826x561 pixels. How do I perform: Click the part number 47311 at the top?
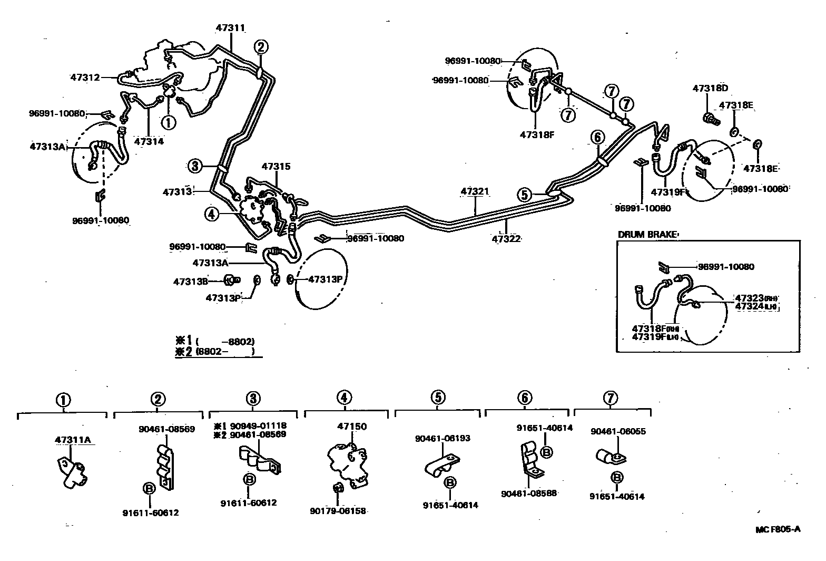[x=231, y=27]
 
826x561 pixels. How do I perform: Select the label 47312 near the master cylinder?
[x=85, y=77]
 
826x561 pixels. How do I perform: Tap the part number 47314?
[x=149, y=141]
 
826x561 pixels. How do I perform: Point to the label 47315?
[x=276, y=166]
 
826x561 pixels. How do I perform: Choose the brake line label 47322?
[x=506, y=239]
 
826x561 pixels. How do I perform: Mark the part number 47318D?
[x=710, y=89]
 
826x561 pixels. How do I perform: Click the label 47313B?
[x=190, y=282]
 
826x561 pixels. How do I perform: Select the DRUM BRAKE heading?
[x=647, y=235]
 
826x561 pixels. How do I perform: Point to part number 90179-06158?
[x=338, y=510]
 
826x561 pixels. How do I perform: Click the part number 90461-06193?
[x=442, y=438]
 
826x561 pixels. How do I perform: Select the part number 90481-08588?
[x=529, y=494]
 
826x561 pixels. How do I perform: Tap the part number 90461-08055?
[x=618, y=431]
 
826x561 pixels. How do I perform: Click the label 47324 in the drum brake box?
[x=749, y=306]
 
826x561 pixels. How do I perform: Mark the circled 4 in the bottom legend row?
[x=343, y=398]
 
